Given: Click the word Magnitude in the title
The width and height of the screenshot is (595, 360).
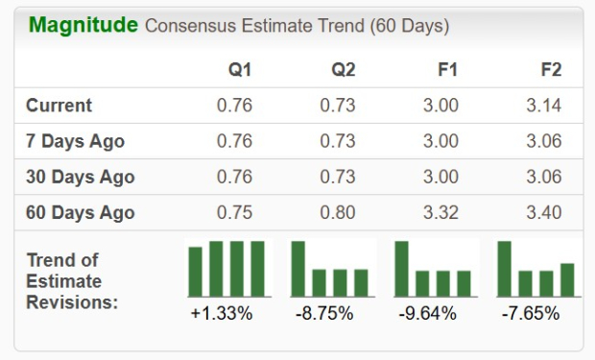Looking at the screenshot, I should tap(83, 25).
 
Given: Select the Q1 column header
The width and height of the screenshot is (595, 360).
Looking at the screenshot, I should tap(240, 70).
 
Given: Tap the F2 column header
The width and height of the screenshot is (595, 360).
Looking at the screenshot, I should tap(551, 70).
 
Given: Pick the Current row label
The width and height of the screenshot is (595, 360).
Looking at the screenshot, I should tap(59, 106).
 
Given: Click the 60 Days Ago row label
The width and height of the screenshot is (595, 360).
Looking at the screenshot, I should tap(81, 213).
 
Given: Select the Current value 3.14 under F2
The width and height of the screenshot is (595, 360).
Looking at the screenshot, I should tap(544, 106).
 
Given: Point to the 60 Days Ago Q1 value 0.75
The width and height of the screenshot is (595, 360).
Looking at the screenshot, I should tap(235, 213).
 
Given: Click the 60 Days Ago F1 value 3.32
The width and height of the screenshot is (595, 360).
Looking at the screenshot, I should tap(441, 213).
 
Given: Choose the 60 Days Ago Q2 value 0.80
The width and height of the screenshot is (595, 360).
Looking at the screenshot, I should tap(338, 213).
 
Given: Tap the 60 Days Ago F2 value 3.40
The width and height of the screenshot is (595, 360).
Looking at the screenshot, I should tap(544, 213).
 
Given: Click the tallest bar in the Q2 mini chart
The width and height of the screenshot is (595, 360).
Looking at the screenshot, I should tap(298, 269).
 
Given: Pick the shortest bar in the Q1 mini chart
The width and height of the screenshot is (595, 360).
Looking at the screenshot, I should tap(196, 272).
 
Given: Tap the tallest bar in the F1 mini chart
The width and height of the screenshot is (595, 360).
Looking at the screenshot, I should tap(401, 269).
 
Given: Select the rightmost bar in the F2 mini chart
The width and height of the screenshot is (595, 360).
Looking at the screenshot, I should tap(567, 279).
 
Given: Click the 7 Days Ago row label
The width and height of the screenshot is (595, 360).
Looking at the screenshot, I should tap(76, 141).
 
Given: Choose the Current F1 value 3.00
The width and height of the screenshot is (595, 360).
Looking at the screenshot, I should tap(441, 106).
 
